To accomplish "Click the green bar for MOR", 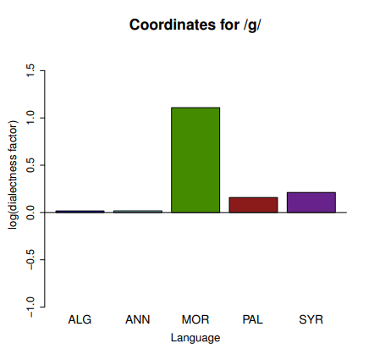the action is [195, 160].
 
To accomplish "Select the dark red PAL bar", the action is [253, 205].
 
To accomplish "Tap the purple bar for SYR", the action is [311, 202].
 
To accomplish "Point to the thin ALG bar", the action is [80, 212].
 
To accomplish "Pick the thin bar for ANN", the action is [138, 212].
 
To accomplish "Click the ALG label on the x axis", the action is [80, 319].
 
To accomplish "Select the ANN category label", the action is [138, 319].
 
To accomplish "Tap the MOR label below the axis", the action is [195, 319].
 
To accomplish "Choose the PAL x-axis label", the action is [253, 319].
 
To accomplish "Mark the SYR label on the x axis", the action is [311, 319].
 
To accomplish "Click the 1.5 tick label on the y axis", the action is [30, 70].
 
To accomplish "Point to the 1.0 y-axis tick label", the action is [30, 118].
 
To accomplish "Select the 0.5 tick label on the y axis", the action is [30, 165].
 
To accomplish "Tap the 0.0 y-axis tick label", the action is [30, 213].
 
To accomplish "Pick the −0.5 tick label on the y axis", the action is [30, 259].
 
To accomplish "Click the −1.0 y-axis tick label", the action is [30, 307].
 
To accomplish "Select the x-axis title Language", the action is [195, 338].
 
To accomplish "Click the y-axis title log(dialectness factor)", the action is [13, 174].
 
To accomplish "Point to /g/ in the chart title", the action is [252, 25].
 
